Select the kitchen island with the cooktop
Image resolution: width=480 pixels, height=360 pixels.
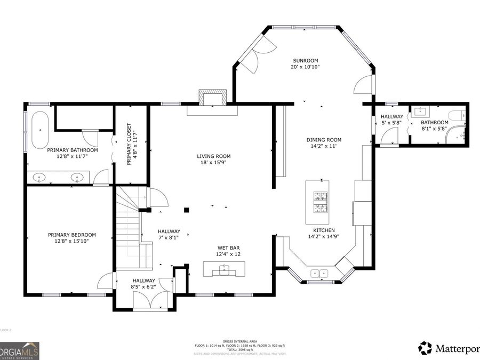click(x=317, y=202)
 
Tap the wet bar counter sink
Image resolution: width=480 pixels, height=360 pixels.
click(x=224, y=270)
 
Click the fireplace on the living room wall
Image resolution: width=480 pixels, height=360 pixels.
click(x=212, y=99)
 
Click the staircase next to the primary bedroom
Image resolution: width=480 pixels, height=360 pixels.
click(x=128, y=227)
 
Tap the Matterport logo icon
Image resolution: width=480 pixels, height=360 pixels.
click(x=425, y=348)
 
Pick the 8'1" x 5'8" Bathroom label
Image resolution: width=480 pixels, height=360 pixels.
click(x=435, y=125)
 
